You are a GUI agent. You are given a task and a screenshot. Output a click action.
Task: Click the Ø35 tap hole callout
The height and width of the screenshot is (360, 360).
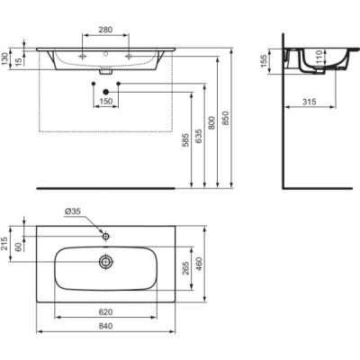pyautogui.click(x=73, y=212)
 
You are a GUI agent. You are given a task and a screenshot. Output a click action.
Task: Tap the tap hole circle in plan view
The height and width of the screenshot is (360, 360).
pyautogui.click(x=106, y=236)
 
